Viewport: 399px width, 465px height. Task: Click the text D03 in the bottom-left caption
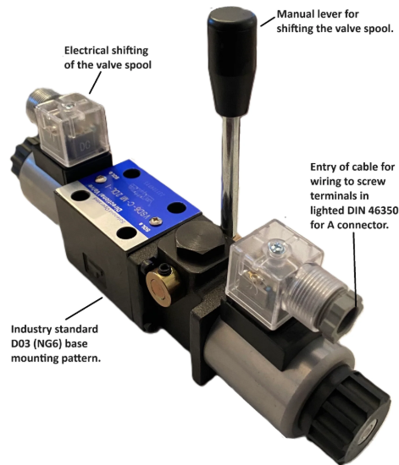click(x=23, y=342)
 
